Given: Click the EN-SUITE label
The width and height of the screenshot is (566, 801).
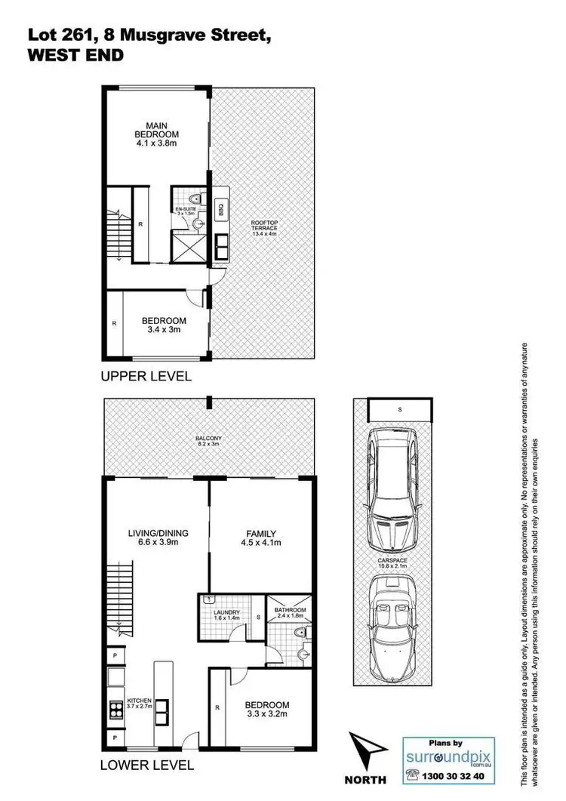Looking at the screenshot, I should pyautogui.click(x=186, y=211).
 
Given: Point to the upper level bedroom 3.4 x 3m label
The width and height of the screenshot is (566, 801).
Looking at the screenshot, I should pyautogui.click(x=163, y=325).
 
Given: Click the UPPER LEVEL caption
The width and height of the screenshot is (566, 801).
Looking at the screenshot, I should pyautogui.click(x=146, y=375).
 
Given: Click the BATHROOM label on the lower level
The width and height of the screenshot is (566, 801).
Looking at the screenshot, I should pyautogui.click(x=291, y=612).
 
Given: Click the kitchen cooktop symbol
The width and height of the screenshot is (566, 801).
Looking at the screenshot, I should pyautogui.click(x=117, y=709).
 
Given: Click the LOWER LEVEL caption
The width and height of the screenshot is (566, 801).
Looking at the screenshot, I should pyautogui.click(x=147, y=766).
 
